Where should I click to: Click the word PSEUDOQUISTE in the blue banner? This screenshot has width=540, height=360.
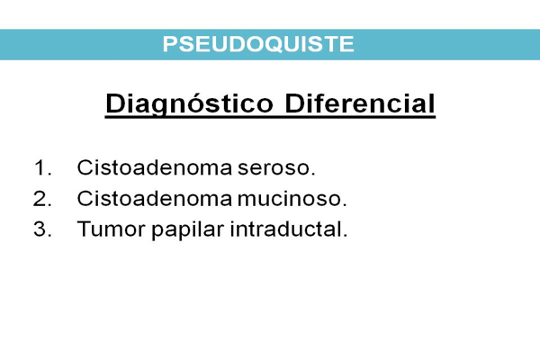[258, 44]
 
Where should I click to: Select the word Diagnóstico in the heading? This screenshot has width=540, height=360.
[189, 104]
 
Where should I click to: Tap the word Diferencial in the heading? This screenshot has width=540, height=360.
[360, 103]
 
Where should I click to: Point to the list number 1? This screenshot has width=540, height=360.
[42, 167]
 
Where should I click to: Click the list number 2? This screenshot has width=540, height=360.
[42, 199]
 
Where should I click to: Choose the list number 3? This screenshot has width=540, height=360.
[42, 229]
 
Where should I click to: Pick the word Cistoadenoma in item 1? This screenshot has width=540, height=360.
[155, 167]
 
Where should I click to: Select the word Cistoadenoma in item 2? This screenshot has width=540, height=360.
[155, 198]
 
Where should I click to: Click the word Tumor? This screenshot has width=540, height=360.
[112, 229]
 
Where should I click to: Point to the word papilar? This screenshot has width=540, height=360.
[188, 230]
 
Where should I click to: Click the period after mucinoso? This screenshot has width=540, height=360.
[344, 205]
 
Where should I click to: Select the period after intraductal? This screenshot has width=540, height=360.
[345, 235]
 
